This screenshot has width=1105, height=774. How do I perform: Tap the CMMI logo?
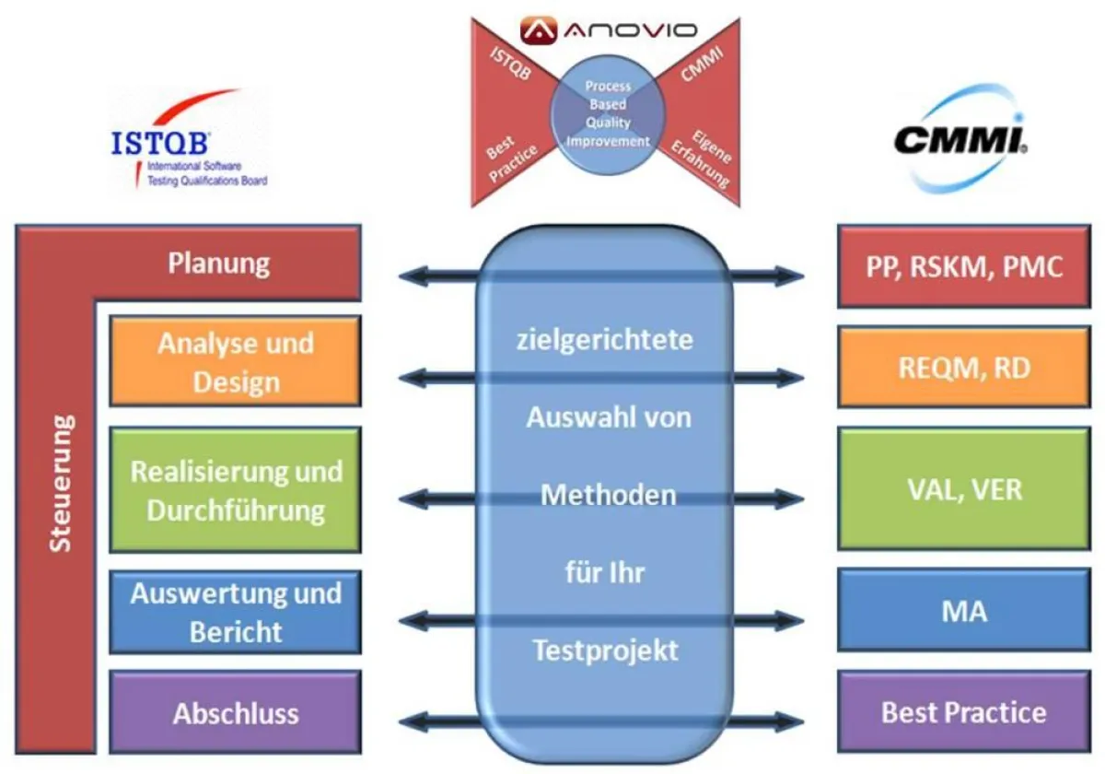tap(961, 140)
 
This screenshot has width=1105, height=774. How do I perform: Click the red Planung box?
tap(219, 264)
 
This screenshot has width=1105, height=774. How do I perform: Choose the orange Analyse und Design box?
tap(235, 361)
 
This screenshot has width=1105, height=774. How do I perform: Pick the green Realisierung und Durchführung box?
tap(235, 489)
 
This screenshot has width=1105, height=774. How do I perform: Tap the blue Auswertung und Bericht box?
tap(235, 612)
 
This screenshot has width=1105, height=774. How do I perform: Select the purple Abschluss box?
tap(235, 713)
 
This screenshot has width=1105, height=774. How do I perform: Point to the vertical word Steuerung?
tap(61, 484)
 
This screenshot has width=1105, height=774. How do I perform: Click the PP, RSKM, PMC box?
tap(963, 266)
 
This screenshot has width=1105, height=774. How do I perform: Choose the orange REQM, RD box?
tap(963, 368)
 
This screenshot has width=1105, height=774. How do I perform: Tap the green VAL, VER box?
tap(963, 487)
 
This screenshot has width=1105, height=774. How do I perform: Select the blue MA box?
tap(963, 610)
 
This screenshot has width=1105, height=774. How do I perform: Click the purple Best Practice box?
tap(963, 712)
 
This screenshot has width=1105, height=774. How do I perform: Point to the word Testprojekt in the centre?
tap(605, 651)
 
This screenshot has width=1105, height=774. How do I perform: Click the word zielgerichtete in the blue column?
tap(605, 340)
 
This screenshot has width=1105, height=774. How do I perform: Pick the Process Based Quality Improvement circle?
tap(607, 114)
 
